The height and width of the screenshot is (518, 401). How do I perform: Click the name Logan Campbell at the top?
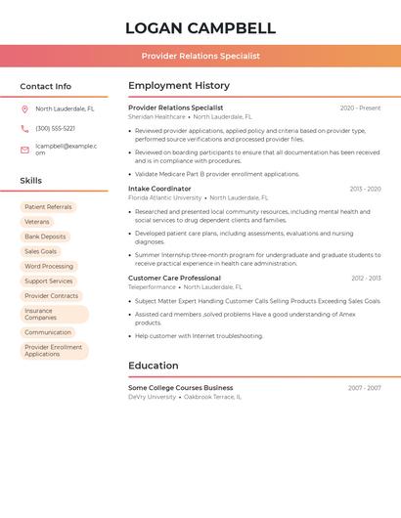[x=200, y=28]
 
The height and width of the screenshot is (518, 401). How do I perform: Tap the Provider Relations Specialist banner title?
[x=200, y=56]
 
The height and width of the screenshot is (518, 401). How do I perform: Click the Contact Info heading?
[x=46, y=86]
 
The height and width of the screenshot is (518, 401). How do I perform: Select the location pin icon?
[x=24, y=109]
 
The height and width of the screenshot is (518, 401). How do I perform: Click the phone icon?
[x=24, y=129]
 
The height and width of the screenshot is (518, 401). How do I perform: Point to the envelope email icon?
[x=24, y=150]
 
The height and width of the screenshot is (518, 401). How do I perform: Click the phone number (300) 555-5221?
[x=55, y=129]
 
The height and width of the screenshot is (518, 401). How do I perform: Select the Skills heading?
[x=31, y=181]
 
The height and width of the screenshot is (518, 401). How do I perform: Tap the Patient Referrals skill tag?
[x=48, y=207]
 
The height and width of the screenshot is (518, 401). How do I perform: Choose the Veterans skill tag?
[x=37, y=222]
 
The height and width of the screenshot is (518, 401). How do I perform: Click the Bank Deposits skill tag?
[x=45, y=237]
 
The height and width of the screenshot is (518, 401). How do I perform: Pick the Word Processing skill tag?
[x=49, y=266]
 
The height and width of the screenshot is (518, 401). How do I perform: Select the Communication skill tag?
[x=48, y=332]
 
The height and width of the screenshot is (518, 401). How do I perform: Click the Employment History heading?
[x=179, y=86]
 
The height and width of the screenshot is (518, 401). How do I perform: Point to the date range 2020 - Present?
[x=360, y=108]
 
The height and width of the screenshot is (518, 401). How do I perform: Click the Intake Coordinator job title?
[x=159, y=189]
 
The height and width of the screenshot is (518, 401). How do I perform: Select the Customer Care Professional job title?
[x=174, y=279]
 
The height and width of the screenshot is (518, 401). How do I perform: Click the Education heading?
[x=154, y=366]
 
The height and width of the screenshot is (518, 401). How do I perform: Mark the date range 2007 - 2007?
[x=364, y=388]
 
